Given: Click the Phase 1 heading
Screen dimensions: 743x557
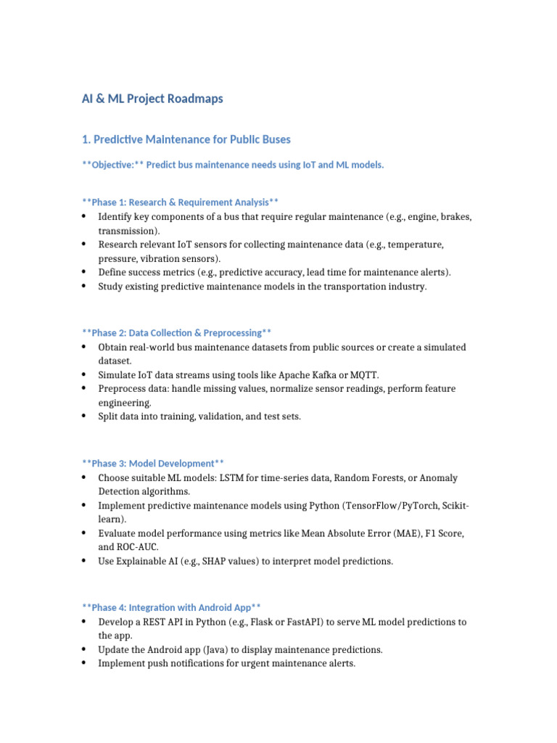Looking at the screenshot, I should click(181, 202).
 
